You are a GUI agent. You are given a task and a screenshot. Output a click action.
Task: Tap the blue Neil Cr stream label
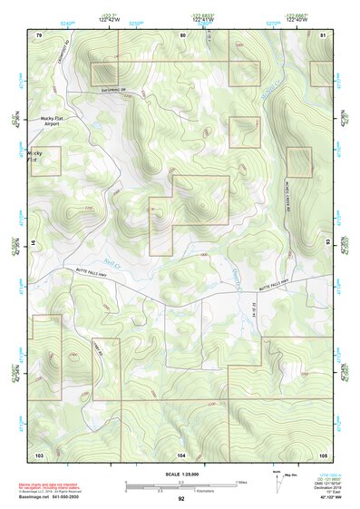[112, 262]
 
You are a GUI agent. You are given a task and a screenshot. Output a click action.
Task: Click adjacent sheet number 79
[38, 34]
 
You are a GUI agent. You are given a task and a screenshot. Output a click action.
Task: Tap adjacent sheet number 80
[182, 34]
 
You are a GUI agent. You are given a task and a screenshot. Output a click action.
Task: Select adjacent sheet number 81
[323, 34]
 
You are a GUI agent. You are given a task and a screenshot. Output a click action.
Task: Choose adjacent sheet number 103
[39, 453]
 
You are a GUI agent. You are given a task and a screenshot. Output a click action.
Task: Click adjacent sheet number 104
[181, 453]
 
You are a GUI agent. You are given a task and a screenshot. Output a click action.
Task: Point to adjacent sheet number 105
[323, 453]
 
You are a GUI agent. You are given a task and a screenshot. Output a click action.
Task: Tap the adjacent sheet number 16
[34, 243]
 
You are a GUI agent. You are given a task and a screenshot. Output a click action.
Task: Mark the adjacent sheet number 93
[328, 243]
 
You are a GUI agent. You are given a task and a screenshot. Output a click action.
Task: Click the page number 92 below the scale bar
[181, 498]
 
